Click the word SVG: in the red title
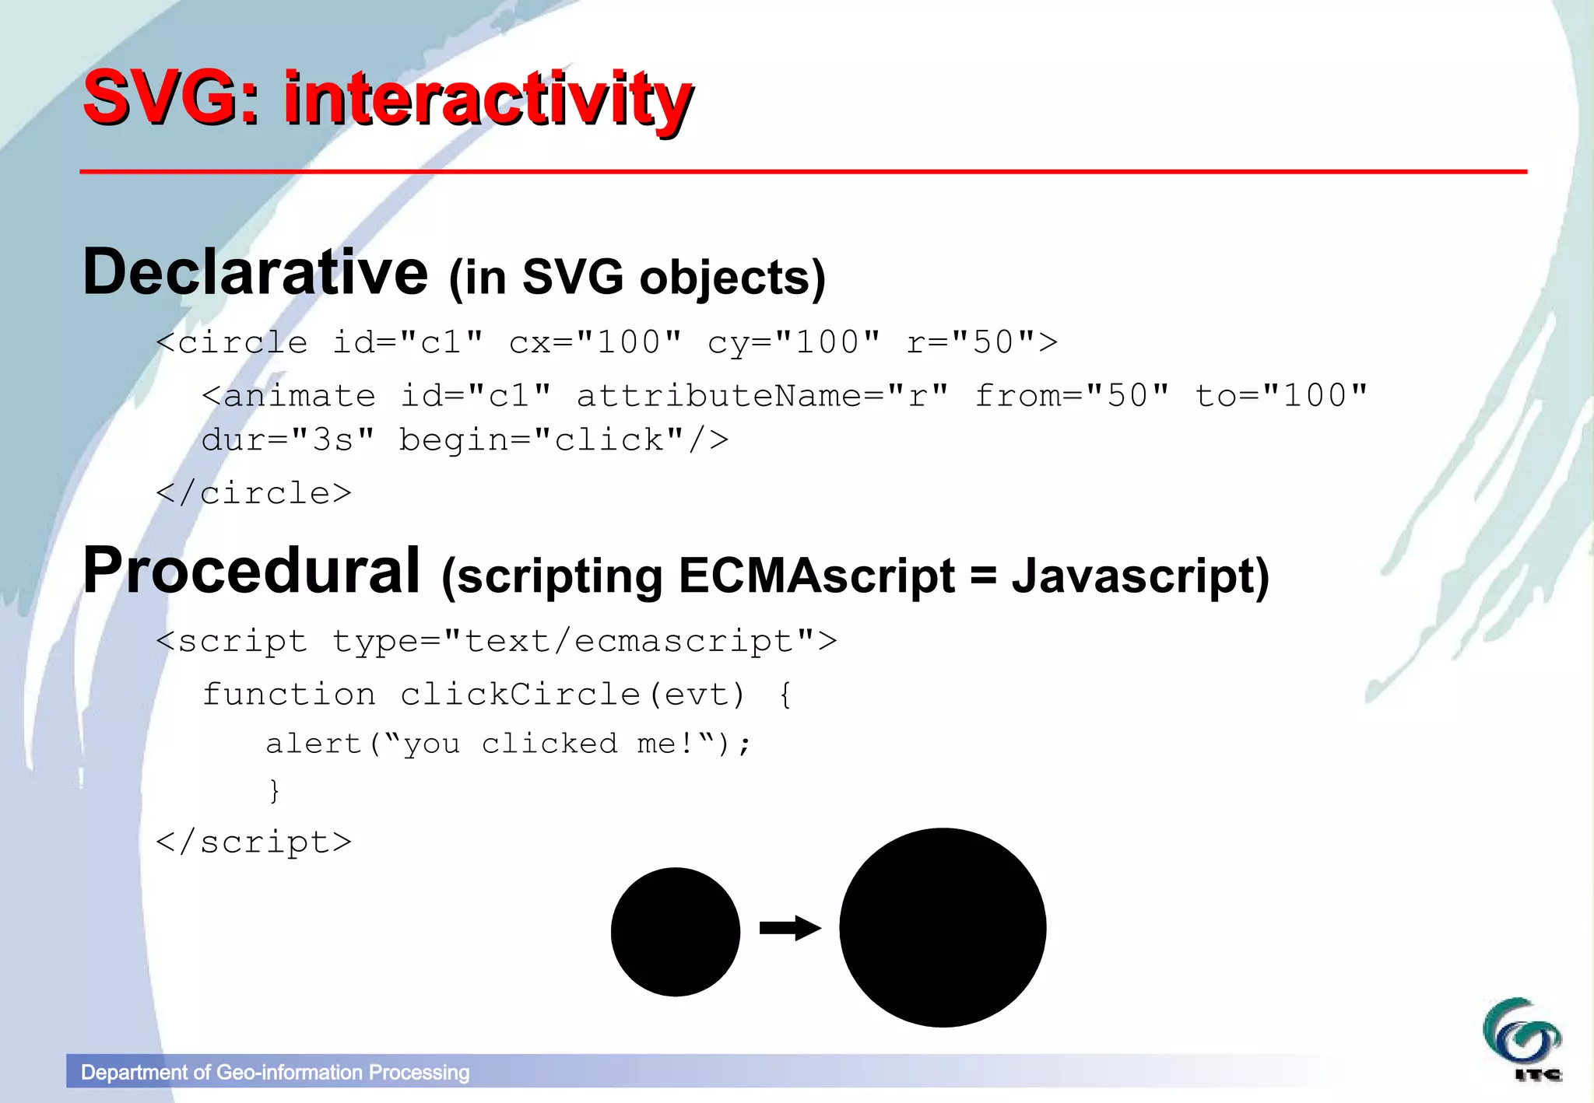point(170,99)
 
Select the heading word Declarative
point(255,272)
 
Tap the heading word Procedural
point(251,570)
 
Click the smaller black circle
point(675,931)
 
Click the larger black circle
point(943,927)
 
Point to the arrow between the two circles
point(789,927)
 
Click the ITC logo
point(1522,1040)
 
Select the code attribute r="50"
point(982,342)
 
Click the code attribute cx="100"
point(595,342)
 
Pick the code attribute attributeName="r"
point(762,396)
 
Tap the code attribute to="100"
point(1280,396)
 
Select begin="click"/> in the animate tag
point(564,440)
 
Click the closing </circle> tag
point(254,493)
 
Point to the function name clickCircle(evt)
point(572,694)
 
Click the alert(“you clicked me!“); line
point(509,744)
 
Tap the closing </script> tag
point(254,842)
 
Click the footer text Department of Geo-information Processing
point(275,1073)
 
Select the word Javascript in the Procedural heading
point(1139,576)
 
